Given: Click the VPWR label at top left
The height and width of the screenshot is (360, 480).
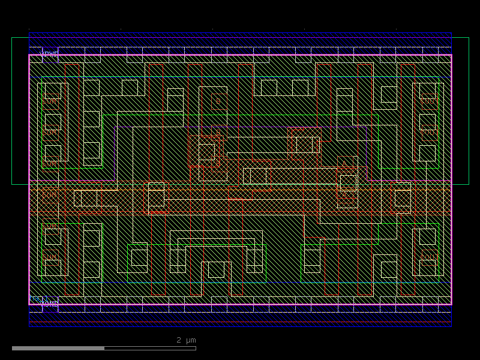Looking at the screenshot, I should [49, 54].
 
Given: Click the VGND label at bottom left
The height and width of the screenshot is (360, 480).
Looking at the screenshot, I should [49, 304].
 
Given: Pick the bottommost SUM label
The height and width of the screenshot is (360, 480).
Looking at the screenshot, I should [50, 257].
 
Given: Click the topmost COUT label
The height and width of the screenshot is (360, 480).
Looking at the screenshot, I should [429, 101].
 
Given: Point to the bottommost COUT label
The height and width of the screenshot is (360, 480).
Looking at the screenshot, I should [429, 257].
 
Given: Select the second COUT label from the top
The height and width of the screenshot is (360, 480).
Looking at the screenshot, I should [429, 131].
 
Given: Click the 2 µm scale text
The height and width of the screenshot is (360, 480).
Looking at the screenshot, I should [186, 340].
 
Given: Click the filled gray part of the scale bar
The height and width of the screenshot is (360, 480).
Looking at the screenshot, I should [58, 348].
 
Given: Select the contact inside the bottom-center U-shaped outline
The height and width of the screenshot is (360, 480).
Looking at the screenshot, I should [216, 269].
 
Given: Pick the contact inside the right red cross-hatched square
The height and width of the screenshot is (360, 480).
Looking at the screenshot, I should [304, 145].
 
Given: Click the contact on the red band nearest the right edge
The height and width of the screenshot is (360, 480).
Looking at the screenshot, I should [403, 198].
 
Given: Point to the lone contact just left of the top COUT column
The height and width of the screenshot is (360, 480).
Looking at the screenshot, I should [389, 94].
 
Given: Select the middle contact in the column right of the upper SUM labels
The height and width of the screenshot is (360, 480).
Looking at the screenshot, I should [91, 119].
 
